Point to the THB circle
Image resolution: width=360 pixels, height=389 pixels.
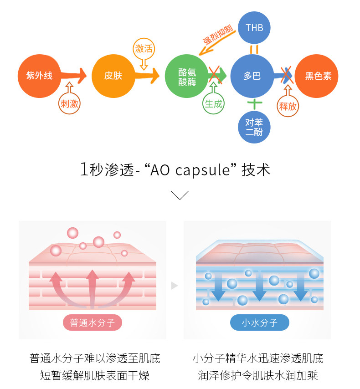pos(254,28)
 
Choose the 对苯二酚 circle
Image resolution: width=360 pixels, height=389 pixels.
pos(254,127)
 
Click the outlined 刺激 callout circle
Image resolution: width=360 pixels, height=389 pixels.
pos(70,103)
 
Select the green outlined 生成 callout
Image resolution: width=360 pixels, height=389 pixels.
pos(213,103)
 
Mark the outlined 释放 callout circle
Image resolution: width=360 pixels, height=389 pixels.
pos(288,106)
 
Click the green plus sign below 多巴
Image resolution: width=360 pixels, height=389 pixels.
pos(254,103)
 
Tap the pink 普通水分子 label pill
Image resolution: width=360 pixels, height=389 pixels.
pos(93,323)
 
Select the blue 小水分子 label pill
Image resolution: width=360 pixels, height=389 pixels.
pos(259,323)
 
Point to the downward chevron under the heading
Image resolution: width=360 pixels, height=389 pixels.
pos(180,195)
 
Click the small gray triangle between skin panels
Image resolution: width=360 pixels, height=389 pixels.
pos(174,286)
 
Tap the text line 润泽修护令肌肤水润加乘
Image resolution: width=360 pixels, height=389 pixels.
pos(258,375)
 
